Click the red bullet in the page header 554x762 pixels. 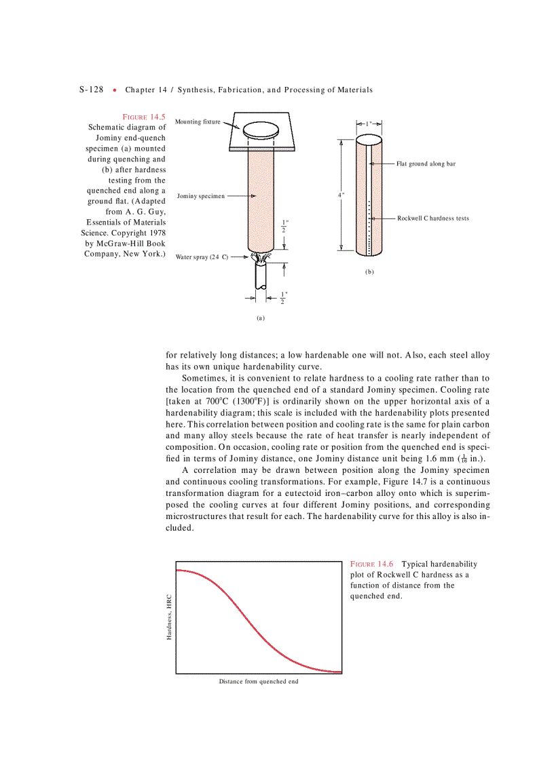[115, 90]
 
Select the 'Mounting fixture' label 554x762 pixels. [198, 121]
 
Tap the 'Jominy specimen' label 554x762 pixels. [200, 196]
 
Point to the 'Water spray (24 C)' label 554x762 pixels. [202, 257]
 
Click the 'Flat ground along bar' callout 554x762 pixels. [426, 164]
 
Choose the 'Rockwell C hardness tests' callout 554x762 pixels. [432, 218]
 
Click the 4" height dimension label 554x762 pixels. [341, 195]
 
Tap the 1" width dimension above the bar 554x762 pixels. [369, 123]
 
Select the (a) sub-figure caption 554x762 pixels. [260, 317]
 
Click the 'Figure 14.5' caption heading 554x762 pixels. [144, 117]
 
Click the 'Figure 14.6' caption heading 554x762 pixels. [371, 564]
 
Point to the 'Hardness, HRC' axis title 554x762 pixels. [169, 617]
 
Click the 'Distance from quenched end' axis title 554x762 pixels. [258, 681]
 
